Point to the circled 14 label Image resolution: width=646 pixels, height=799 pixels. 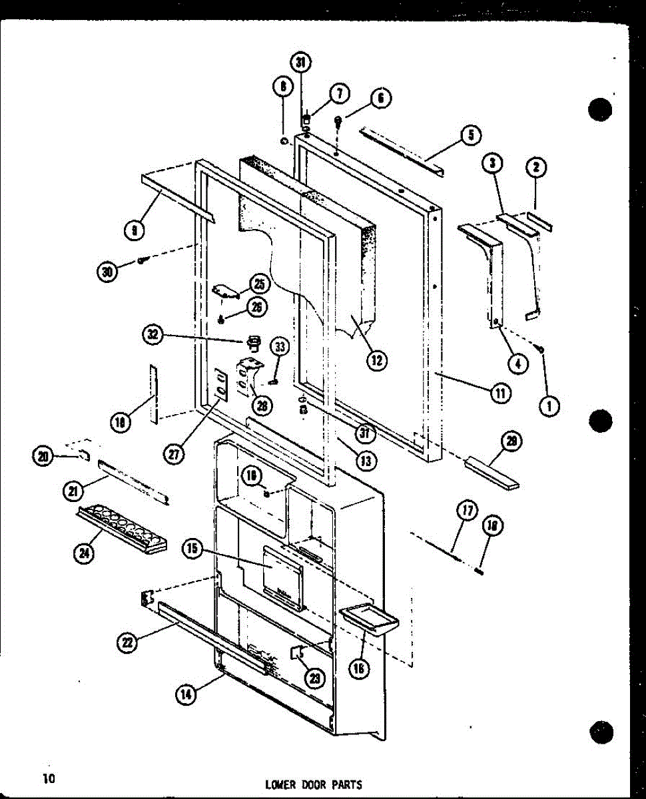click(x=186, y=694)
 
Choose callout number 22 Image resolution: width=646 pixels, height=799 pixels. click(x=127, y=642)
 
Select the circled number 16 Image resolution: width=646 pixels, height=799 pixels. click(x=360, y=668)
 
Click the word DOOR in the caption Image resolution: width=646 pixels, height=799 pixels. click(x=316, y=784)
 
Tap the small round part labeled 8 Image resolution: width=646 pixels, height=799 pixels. click(x=284, y=141)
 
